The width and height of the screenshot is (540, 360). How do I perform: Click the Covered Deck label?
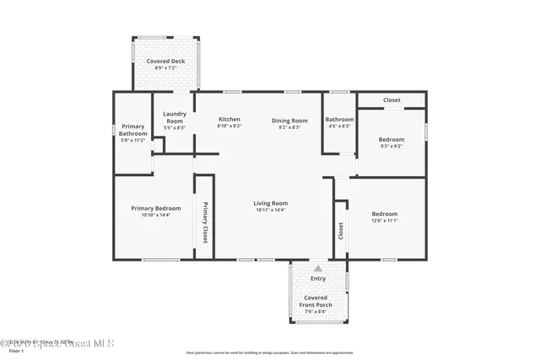click(165, 62)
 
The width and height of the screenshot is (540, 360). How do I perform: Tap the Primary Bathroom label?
click(132, 131)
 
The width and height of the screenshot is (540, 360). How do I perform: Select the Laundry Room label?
click(175, 117)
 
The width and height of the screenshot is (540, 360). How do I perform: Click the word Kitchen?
click(229, 120)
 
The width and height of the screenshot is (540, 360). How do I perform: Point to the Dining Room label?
click(289, 121)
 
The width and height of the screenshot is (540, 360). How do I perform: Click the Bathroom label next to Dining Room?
click(339, 120)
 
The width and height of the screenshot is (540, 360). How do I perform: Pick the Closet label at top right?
click(391, 100)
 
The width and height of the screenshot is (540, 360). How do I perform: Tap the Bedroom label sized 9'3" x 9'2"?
click(391, 139)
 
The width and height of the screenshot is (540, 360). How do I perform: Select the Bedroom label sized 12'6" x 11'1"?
click(385, 214)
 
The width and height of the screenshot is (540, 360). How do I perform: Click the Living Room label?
click(271, 203)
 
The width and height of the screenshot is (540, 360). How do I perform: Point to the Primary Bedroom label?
click(155, 208)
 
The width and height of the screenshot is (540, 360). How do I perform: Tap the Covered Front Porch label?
click(317, 301)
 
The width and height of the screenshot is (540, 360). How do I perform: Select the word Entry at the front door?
click(318, 277)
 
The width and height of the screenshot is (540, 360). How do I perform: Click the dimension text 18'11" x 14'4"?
click(271, 210)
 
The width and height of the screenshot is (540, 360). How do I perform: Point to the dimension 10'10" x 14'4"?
click(155, 215)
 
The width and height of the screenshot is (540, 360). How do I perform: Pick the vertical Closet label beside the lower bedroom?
click(341, 231)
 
